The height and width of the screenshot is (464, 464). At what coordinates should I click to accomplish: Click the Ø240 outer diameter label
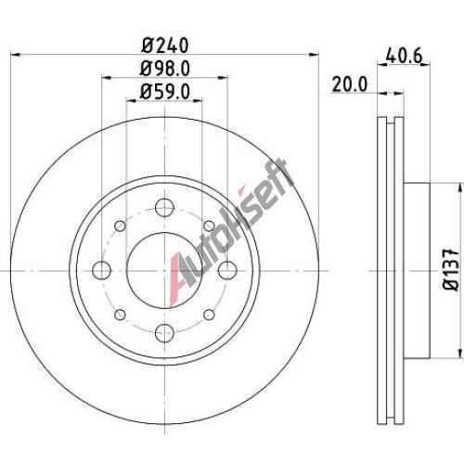[165, 45]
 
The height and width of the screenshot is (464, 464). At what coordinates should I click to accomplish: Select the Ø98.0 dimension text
[165, 69]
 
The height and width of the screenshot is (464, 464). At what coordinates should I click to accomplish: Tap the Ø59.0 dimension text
[165, 92]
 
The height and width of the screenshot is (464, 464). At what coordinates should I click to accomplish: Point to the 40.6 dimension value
[405, 57]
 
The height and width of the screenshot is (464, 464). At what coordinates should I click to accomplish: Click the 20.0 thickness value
[350, 84]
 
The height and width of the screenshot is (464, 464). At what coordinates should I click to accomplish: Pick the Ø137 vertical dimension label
[451, 270]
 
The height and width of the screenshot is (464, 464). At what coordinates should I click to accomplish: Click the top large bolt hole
[164, 208]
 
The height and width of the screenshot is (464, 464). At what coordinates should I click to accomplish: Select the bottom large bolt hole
[164, 333]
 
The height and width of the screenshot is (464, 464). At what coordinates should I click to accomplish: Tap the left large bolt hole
[102, 270]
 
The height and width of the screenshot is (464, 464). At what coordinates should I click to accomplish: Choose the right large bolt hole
[227, 270]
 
